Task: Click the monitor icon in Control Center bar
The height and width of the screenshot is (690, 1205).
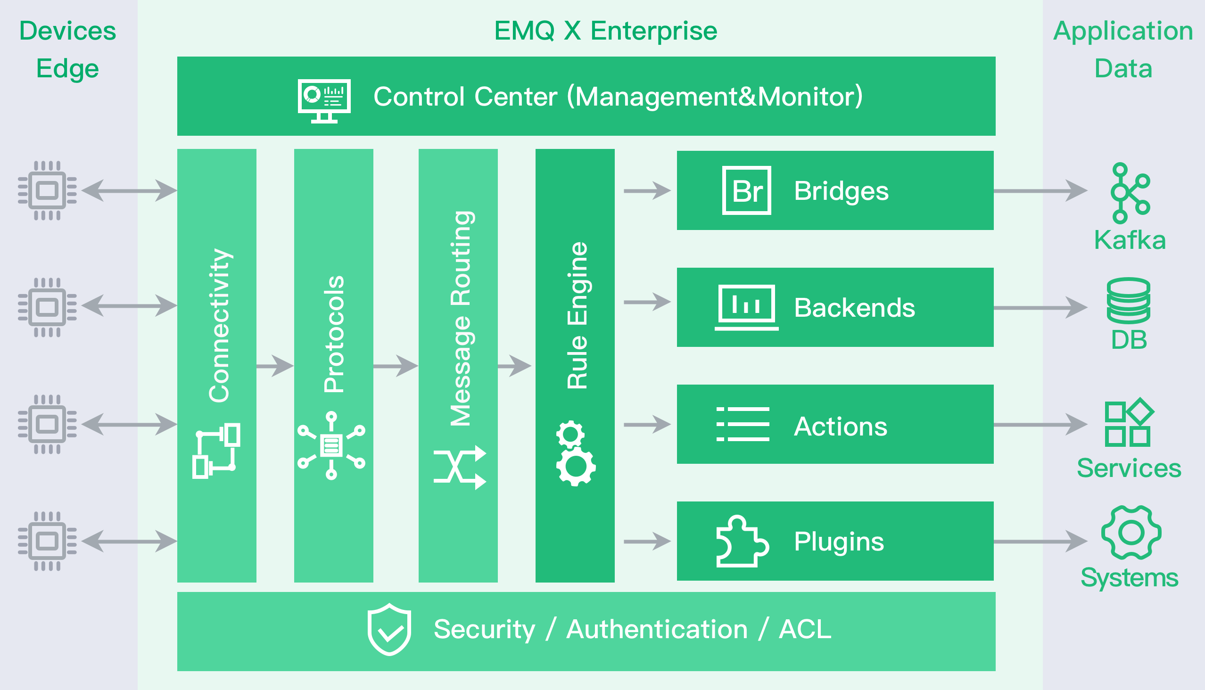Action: tap(324, 100)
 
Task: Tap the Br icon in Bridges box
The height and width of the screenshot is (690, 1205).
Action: tap(746, 190)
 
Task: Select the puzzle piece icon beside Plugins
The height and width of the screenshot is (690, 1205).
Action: tap(742, 541)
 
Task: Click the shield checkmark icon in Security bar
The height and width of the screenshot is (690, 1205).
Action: tap(389, 629)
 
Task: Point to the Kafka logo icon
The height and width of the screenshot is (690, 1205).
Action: tap(1130, 193)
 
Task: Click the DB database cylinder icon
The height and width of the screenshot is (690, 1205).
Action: tap(1128, 300)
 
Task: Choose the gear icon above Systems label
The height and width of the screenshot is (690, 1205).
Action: tap(1131, 533)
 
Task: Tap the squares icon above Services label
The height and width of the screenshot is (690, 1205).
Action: tap(1129, 423)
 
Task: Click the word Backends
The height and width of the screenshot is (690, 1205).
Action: tap(854, 308)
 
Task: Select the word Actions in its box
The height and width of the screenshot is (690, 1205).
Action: tap(840, 426)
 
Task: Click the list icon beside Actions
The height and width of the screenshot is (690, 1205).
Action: tap(743, 424)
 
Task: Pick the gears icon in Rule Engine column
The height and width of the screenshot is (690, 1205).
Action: tap(575, 453)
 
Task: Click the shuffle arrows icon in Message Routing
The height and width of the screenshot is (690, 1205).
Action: tap(459, 468)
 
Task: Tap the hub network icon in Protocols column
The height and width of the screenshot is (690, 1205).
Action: tap(331, 445)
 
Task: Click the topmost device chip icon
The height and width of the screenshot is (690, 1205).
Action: tap(47, 190)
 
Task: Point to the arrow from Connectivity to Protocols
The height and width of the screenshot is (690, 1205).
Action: tap(275, 366)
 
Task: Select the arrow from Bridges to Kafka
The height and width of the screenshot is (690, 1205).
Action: tap(1040, 190)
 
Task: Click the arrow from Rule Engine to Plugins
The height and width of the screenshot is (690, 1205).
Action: tap(647, 541)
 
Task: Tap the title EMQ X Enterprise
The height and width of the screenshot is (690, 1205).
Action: tap(605, 31)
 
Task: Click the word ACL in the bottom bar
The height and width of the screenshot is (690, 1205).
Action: tap(804, 629)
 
